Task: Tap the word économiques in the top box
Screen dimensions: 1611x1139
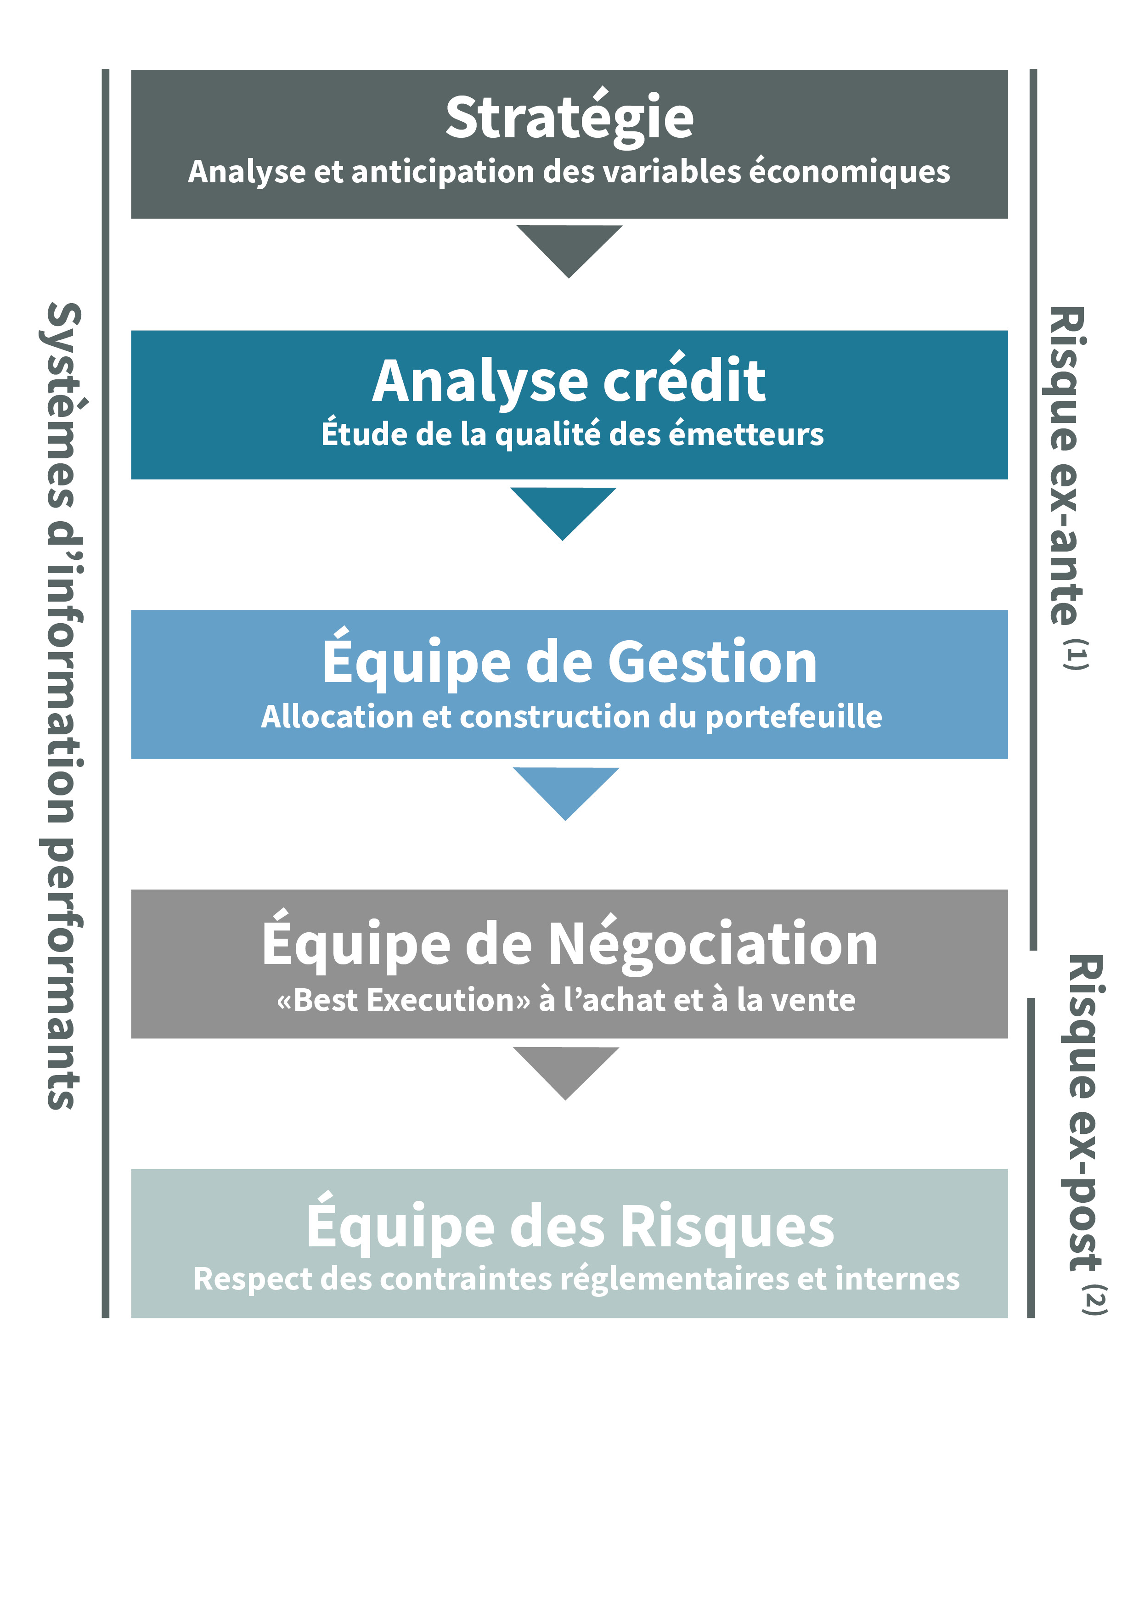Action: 850,172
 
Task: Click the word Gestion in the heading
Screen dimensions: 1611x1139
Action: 712,662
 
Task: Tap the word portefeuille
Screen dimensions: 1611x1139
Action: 793,717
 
